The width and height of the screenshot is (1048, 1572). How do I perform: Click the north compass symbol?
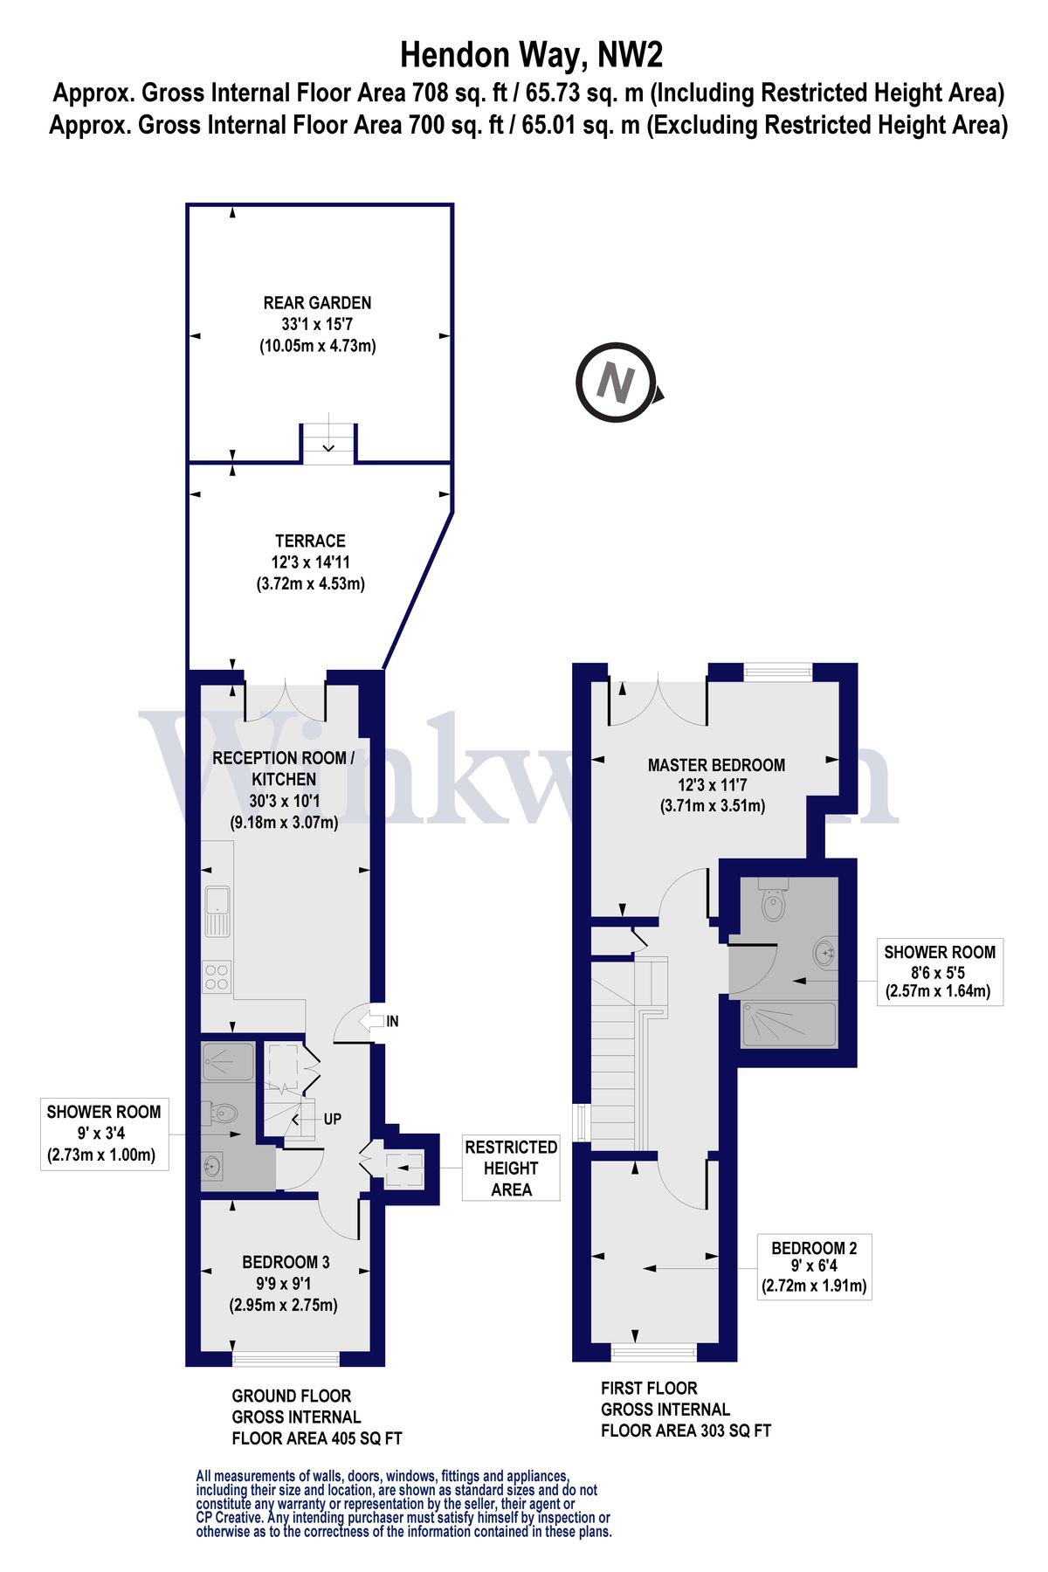616,383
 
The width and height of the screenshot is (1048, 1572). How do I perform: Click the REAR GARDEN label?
317,303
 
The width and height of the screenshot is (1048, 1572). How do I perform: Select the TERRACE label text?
310,541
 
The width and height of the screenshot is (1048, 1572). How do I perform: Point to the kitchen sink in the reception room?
217,911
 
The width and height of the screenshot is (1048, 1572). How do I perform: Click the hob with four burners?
217,977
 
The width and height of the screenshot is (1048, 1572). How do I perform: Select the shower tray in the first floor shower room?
788,1024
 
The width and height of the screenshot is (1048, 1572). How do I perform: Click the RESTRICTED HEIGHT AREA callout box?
511,1169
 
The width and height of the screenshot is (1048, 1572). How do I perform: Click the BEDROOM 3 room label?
286,1262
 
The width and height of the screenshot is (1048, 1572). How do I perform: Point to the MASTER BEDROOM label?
716,765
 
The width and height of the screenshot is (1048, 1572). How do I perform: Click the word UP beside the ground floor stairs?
332,1119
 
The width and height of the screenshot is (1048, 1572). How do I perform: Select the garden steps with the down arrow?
328,442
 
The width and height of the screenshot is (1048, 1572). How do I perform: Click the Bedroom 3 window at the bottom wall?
286,1358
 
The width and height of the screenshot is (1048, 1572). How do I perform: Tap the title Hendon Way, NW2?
531,56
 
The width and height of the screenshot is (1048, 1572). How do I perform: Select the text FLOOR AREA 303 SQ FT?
686,1431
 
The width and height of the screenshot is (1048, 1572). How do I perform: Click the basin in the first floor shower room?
824,953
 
